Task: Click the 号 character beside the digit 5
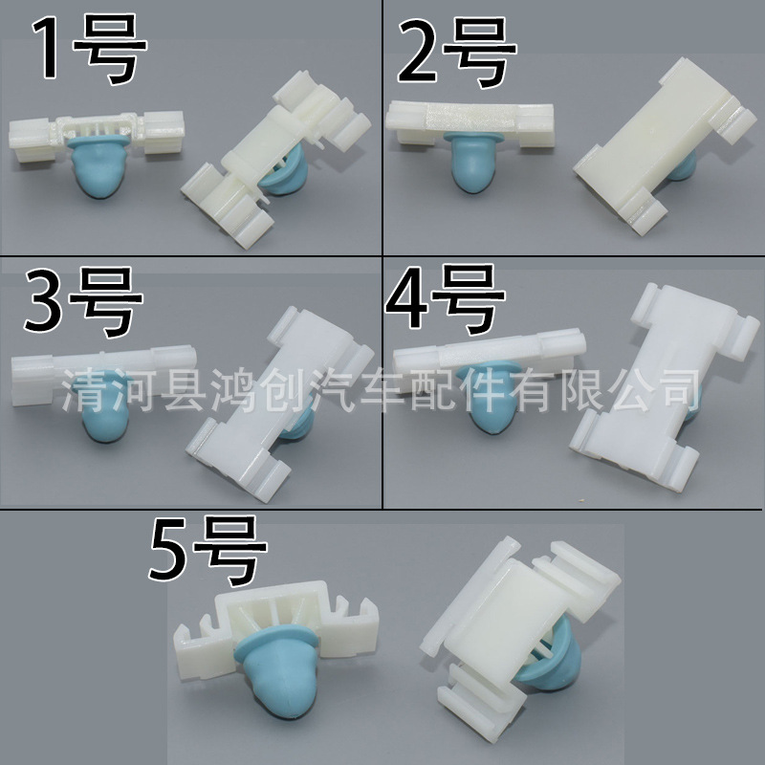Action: click(229, 548)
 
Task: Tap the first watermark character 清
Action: click(80, 391)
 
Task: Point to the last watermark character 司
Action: click(678, 391)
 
